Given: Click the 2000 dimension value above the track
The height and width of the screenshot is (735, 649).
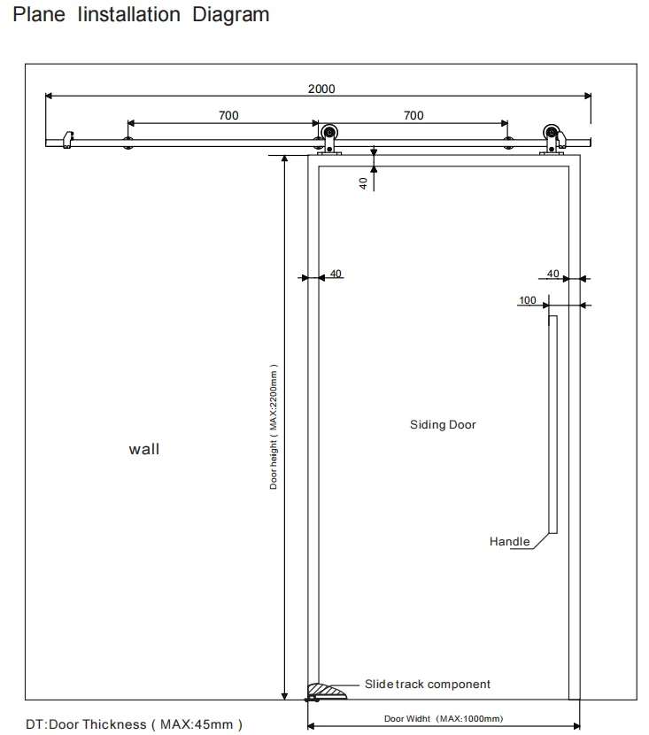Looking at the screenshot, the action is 321,89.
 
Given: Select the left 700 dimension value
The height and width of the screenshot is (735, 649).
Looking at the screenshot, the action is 228,115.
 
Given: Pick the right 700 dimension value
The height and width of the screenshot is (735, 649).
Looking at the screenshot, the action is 413,115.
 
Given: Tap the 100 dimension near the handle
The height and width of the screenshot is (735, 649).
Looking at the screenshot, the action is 528,300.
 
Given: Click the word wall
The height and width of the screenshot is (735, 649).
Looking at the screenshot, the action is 143,449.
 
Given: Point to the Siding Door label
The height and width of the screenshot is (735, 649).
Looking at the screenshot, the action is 443,425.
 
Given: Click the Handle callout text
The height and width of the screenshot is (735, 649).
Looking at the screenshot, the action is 509,541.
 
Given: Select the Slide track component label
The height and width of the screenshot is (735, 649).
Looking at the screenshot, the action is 428,684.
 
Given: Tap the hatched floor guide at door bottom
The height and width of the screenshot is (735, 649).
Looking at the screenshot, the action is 327,692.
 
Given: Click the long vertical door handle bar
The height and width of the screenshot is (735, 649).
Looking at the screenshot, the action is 553,424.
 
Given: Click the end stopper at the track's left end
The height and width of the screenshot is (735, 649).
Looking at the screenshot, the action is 68,140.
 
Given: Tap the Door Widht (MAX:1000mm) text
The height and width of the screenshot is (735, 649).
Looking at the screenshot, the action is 444,718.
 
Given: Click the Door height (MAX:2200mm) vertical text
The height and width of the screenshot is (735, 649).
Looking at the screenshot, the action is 274,427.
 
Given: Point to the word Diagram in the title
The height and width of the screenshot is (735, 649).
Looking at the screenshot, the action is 231,14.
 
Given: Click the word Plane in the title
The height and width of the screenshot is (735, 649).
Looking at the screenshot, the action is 39,14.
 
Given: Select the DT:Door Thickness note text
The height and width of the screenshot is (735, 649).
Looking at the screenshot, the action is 134,724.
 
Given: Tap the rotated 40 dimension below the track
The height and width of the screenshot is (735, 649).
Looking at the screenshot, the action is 363,183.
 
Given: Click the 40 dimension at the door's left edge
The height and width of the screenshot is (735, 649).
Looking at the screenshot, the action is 336,274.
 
